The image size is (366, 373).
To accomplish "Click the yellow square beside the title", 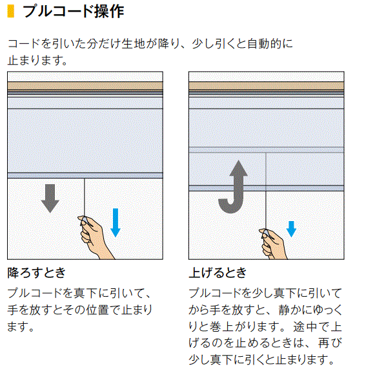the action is pyautogui.click(x=11, y=11).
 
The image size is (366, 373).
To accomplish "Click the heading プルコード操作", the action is pyautogui.click(x=74, y=11).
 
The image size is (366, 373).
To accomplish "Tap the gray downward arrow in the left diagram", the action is pyautogui.click(x=50, y=198).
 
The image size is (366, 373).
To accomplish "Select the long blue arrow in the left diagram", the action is pyautogui.click(x=116, y=222).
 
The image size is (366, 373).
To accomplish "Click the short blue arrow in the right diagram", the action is pyautogui.click(x=291, y=229).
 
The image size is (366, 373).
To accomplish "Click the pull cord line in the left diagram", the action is pyautogui.click(x=85, y=197).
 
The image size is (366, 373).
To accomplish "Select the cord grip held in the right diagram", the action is pyautogui.click(x=265, y=233).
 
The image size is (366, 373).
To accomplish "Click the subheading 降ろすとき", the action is pyautogui.click(x=37, y=273).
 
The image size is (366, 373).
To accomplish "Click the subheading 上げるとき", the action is pyautogui.click(x=218, y=273).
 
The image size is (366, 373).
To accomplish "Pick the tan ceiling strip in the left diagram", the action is pyautogui.click(x=85, y=85).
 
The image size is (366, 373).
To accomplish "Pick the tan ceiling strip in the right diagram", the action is pyautogui.click(x=266, y=85).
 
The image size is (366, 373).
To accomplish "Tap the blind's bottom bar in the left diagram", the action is pyautogui.click(x=85, y=176).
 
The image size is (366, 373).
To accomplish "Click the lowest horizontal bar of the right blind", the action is pyautogui.click(x=266, y=188).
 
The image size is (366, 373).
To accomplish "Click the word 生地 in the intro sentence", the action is pyautogui.click(x=133, y=44).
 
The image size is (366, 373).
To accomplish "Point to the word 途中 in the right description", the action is pyautogui.click(x=305, y=326).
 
